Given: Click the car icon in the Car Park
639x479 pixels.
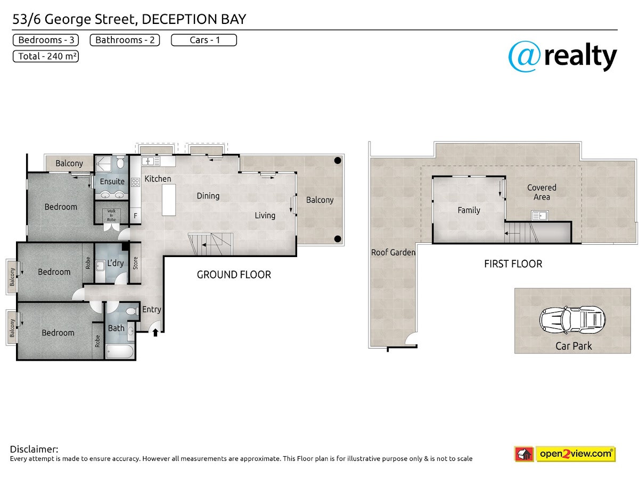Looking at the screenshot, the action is (572, 320).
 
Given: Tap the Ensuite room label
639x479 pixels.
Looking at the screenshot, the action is (112, 181).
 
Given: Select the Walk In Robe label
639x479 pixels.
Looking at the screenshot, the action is (111, 215).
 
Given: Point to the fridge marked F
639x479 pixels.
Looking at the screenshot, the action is (135, 216).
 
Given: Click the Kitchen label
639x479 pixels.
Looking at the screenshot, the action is (158, 179).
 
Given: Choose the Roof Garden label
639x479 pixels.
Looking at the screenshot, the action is (393, 252).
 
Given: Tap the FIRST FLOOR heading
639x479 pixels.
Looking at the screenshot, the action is (513, 264).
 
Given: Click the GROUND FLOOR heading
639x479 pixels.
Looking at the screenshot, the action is (234, 275).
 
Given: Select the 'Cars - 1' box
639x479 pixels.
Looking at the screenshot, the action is (204, 40).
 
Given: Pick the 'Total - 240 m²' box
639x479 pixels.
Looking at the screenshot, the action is (46, 56).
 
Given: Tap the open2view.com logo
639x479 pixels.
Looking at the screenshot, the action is (565, 454).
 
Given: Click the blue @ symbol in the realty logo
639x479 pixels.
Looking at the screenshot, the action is (525, 56).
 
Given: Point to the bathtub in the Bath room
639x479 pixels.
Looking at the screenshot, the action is (120, 351).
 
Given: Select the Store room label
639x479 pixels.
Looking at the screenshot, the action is (135, 263).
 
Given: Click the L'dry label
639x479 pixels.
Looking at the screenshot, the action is (116, 263).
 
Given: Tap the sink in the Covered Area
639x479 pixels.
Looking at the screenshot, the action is (540, 216).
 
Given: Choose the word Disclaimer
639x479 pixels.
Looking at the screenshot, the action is (34, 449).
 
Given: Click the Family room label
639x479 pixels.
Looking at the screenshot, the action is (469, 210).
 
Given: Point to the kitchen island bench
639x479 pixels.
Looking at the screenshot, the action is (169, 200).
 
